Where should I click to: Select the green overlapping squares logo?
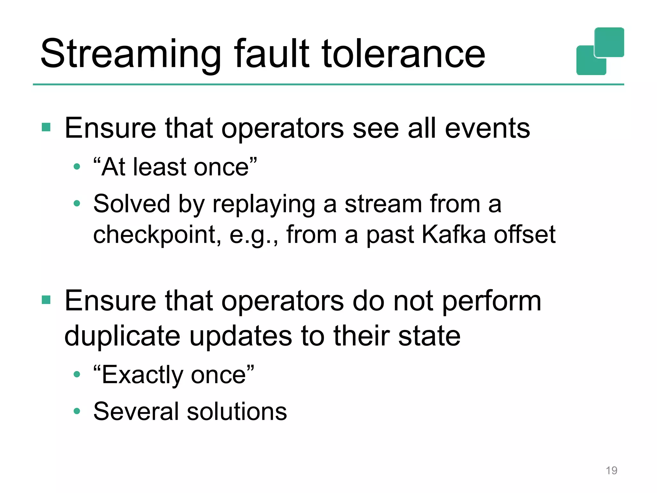coord(600,51)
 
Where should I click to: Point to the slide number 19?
coord(611,471)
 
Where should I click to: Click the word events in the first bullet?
coord(487,128)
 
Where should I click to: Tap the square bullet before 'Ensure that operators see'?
coord(46,127)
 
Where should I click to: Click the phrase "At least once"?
coord(175,167)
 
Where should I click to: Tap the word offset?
coord(525,234)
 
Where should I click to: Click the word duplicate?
coord(122,336)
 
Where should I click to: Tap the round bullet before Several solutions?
coord(77,411)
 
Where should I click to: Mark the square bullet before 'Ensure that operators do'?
coord(46,300)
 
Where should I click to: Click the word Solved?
coord(132,204)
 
